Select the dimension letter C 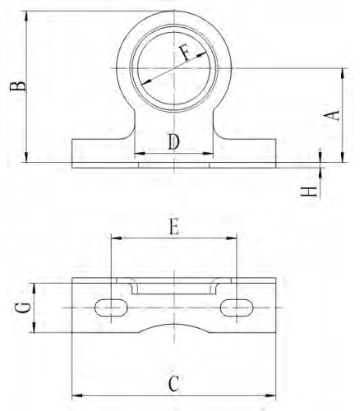(173, 382)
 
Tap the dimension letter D (173, 141)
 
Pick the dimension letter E (173, 228)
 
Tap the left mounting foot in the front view (99, 154)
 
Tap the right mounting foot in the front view (247, 154)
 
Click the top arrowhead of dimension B (27, 15)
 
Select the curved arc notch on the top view (173, 327)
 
